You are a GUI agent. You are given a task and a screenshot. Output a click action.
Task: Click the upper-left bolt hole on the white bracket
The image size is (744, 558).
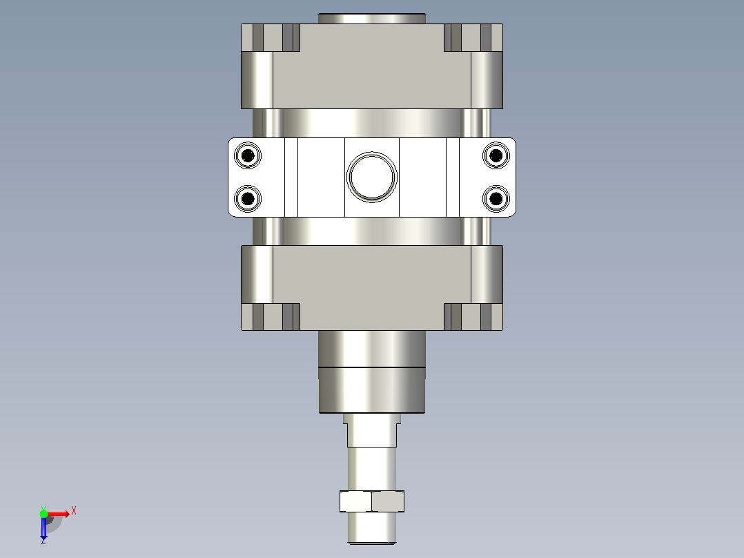tap(248, 155)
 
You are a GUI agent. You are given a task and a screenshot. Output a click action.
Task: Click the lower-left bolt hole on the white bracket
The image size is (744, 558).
tap(248, 198)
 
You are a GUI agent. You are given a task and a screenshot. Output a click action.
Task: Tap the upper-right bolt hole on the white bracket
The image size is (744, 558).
tap(496, 155)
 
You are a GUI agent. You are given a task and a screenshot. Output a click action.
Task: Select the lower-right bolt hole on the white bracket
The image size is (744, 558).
tap(496, 198)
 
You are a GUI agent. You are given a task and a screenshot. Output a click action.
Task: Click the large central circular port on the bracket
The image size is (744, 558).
tap(372, 177)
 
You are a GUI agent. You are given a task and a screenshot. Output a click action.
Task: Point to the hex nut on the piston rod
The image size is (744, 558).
tap(372, 501)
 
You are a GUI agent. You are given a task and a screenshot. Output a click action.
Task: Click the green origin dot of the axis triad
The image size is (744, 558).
tap(43, 514)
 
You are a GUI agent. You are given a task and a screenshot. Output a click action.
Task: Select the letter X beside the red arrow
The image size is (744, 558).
tap(74, 511)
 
